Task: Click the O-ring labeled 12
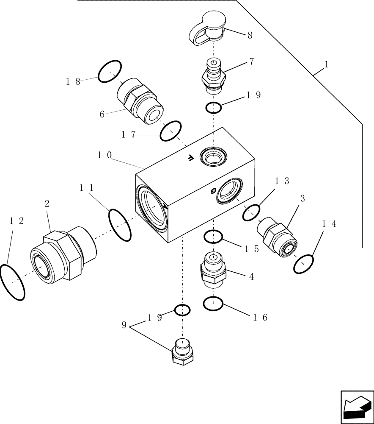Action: point(12,282)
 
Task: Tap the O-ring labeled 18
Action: point(110,71)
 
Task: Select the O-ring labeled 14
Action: point(304,265)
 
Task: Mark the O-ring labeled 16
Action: point(213,304)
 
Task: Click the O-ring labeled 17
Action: point(171,131)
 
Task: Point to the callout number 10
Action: point(104,156)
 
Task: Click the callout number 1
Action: point(326,64)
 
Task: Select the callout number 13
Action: point(282,181)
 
